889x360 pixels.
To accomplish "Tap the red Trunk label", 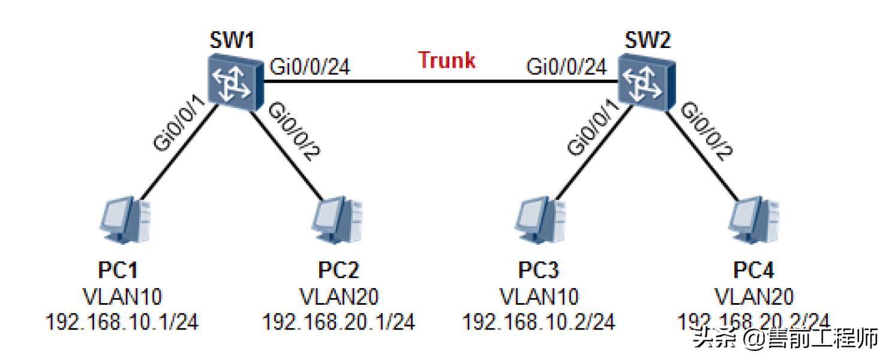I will pos(447,60).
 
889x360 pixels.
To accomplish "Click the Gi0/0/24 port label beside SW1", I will pos(310,67).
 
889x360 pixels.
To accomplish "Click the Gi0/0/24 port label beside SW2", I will pos(567,67).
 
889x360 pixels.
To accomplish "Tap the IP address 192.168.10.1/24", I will pos(122,322).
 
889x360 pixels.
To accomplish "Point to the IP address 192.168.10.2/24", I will pos(538,322).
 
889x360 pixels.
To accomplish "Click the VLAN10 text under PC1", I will pos(122,296).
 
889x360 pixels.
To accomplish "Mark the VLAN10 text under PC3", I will pos(538,296).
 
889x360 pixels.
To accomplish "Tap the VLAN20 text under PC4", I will pos(754,296).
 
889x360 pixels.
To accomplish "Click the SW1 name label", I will pos(232,40).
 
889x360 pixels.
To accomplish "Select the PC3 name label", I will pos(538,271).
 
